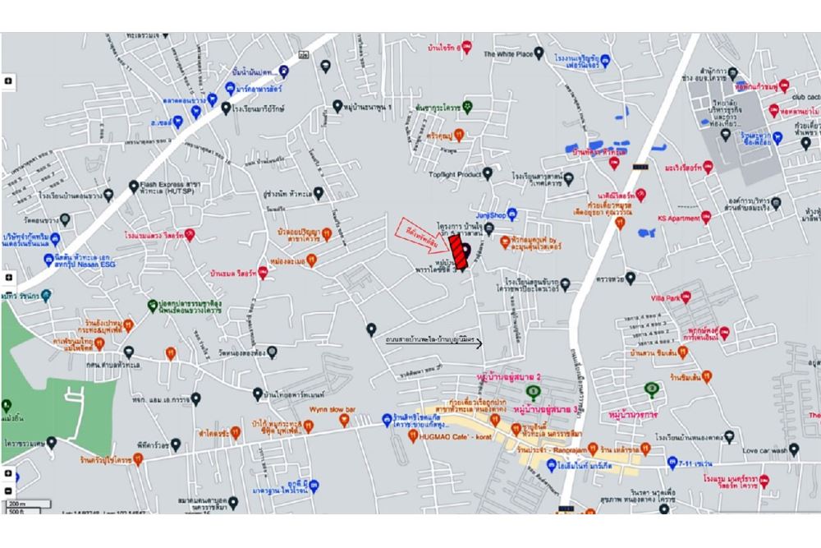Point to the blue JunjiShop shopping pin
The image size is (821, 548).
tap(511, 214)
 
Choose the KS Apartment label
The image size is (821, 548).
tap(678, 218)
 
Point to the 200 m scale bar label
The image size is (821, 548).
tap(16, 503)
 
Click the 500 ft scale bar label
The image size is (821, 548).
tap(16, 511)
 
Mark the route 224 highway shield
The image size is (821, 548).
tap(304, 54)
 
